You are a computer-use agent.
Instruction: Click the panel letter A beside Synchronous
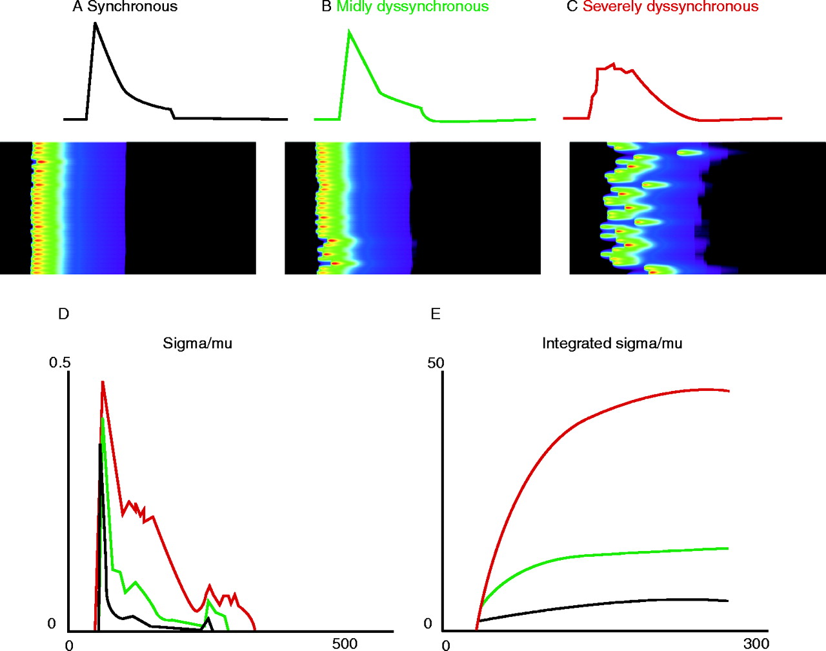[77, 7]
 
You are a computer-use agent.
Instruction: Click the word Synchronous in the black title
[132, 7]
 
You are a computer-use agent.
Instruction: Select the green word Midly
[354, 7]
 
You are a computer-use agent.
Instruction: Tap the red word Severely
[612, 7]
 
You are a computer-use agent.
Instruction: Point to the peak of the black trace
[96, 24]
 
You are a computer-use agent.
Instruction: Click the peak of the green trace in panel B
[349, 31]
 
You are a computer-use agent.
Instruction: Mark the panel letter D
[63, 314]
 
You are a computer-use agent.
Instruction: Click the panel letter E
[436, 314]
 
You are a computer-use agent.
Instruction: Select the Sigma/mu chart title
[197, 343]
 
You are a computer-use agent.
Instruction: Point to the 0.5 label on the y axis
[59, 363]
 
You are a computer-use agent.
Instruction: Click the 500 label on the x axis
[345, 644]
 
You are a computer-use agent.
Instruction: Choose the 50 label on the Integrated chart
[436, 363]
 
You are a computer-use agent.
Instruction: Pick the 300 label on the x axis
[756, 643]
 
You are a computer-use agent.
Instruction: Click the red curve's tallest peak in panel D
[103, 382]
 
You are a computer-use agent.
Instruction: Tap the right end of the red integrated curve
[729, 391]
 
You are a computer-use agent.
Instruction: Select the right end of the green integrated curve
[728, 548]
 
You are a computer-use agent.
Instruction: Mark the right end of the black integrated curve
[728, 601]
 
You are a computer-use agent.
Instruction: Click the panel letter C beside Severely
[572, 7]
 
